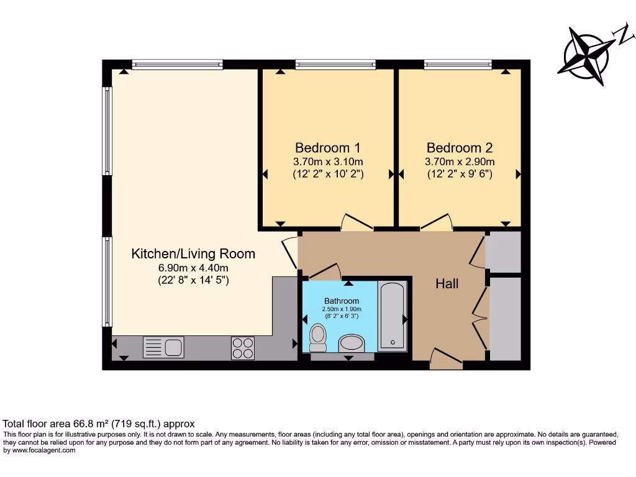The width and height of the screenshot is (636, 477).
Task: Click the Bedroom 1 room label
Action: pos(327,148)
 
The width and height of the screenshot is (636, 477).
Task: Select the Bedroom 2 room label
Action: pos(459,148)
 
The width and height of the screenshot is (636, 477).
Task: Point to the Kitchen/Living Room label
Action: pos(193,253)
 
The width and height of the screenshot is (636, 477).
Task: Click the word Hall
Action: pos(447,284)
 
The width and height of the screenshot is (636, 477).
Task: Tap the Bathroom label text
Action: pos(341,301)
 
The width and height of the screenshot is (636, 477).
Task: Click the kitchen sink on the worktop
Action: pos(163,347)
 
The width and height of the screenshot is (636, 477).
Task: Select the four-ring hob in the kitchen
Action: pos(242,348)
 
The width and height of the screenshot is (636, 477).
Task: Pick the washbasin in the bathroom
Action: pos(352,343)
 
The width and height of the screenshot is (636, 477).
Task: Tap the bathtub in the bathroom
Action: pos(393,316)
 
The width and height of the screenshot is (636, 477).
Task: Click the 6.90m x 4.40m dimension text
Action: pos(193,268)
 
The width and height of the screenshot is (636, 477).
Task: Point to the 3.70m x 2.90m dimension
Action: pos(459,161)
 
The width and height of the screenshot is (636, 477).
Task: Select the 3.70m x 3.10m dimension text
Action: pos(327,161)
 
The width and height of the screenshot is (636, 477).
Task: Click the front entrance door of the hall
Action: pos(445,360)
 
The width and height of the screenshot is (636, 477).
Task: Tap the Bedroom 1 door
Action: pos(357,222)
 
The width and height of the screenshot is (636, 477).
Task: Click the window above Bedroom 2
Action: pos(458,63)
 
